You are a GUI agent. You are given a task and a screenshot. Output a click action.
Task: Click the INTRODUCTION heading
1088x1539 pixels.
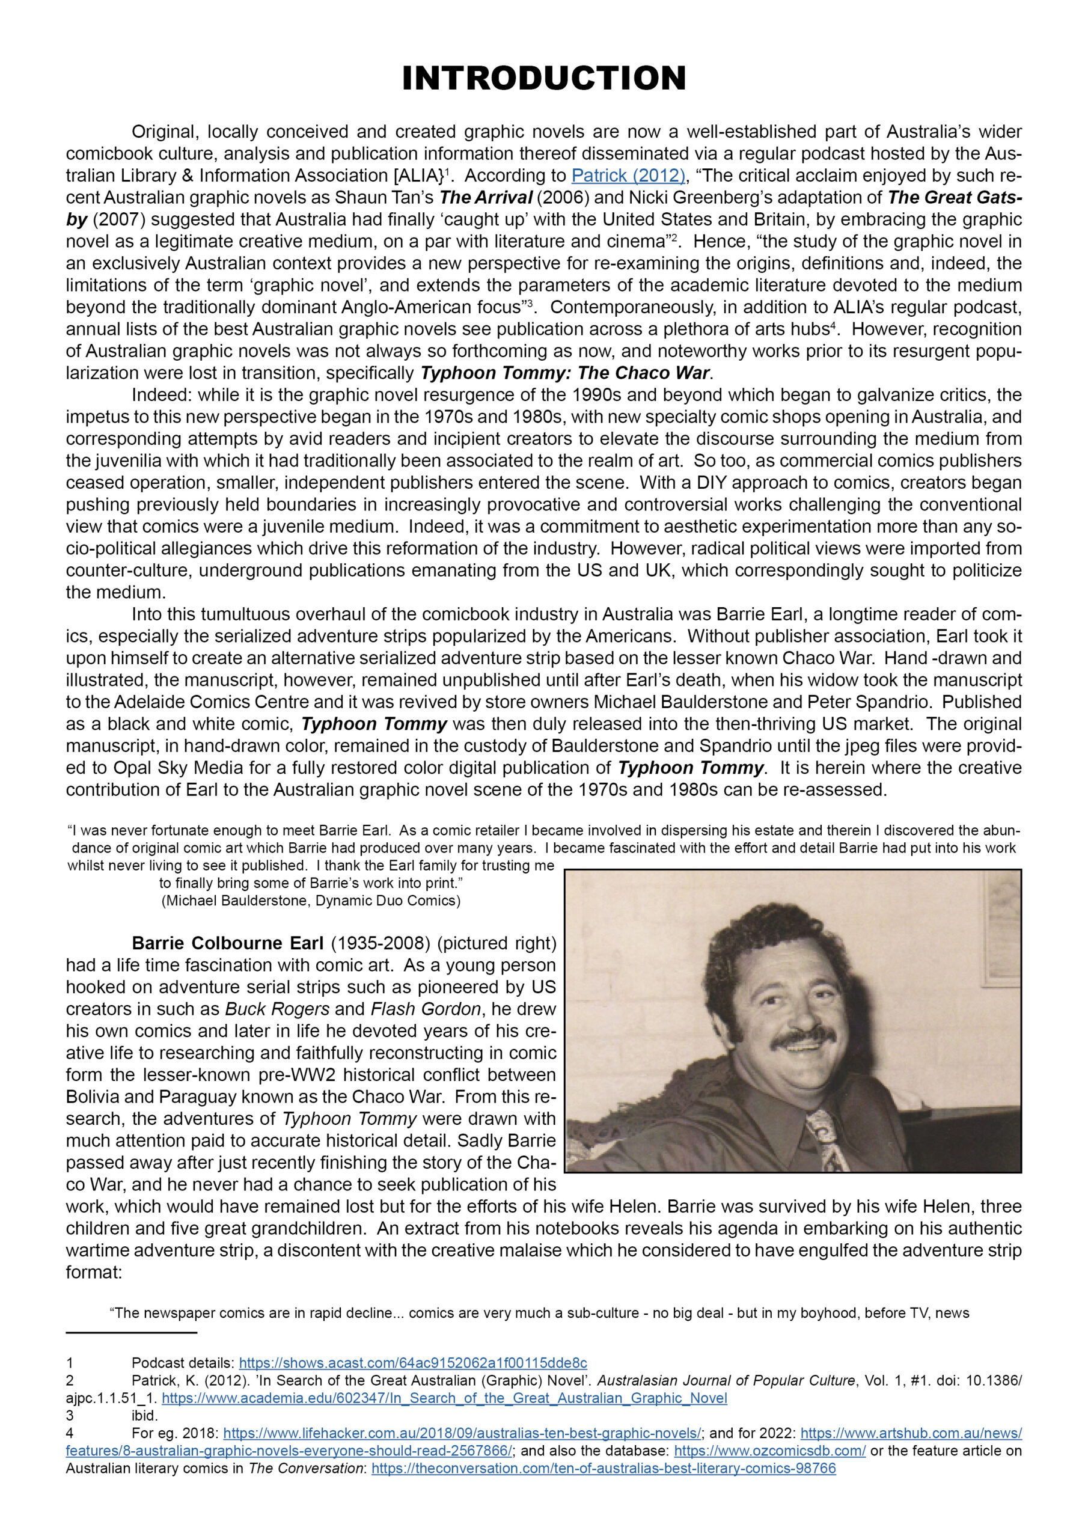543,78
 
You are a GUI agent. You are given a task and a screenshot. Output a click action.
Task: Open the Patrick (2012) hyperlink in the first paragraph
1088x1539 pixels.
628,176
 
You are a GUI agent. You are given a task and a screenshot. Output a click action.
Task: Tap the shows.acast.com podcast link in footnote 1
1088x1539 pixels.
413,1363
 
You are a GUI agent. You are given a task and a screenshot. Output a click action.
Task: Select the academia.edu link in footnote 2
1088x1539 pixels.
444,1398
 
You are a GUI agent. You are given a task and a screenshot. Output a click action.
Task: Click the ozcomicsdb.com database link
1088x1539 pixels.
769,1451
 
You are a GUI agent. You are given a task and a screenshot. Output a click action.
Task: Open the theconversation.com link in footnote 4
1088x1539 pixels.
604,1469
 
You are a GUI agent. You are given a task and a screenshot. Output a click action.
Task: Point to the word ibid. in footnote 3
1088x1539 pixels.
145,1416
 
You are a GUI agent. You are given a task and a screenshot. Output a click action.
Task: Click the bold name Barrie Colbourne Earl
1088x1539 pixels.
228,943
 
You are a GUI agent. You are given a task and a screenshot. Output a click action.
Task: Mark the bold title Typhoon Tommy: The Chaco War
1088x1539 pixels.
564,373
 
